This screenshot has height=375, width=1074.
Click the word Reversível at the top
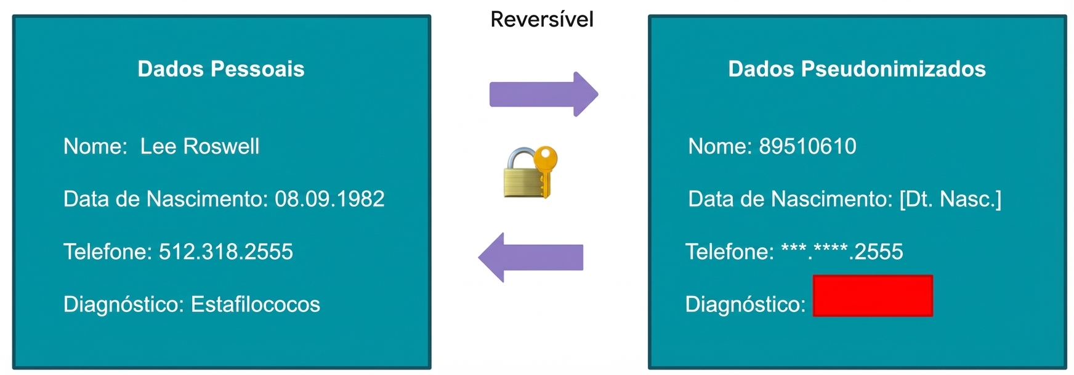tap(542, 19)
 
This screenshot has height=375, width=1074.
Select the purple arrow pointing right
tap(544, 94)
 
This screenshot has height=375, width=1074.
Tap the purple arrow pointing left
tap(531, 257)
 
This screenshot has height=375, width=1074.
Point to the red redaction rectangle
tap(873, 296)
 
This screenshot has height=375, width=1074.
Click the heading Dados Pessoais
tap(221, 68)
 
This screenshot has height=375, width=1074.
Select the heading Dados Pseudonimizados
tap(857, 68)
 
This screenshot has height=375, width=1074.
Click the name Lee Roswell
tap(200, 146)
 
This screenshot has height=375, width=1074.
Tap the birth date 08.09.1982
tap(329, 199)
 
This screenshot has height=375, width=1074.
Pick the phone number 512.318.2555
tap(225, 252)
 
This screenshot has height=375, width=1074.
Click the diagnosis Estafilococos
tap(256, 304)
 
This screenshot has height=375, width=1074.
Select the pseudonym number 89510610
tap(807, 146)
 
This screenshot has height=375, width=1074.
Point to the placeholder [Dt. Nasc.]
tap(950, 199)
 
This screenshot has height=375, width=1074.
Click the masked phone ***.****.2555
tap(842, 251)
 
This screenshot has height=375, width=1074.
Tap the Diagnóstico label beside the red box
tap(745, 304)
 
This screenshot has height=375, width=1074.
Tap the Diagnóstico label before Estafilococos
tap(124, 304)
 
